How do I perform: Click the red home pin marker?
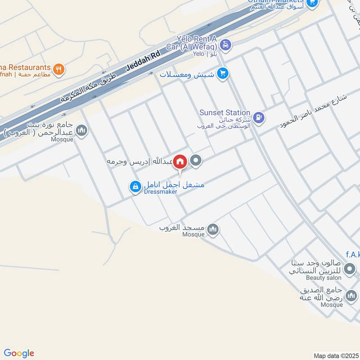click(x=180, y=161)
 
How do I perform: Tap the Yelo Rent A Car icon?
click(x=226, y=45)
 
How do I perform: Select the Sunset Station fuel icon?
click(x=258, y=117)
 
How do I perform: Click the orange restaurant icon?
click(x=59, y=70)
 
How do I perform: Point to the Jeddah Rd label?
click(x=143, y=60)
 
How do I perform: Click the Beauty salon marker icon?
click(x=349, y=270)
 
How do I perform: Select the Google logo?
click(x=19, y=353)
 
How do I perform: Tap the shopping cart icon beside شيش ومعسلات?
click(x=222, y=73)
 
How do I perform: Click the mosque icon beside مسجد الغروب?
click(x=213, y=230)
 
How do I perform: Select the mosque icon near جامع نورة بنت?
click(x=81, y=131)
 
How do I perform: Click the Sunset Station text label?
click(x=225, y=112)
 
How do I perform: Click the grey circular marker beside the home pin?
click(x=196, y=161)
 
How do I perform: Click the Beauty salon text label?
click(x=321, y=278)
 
